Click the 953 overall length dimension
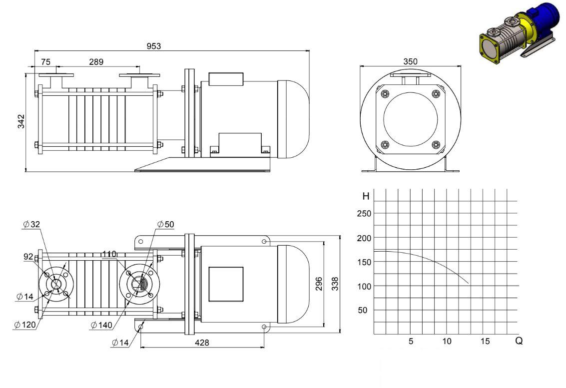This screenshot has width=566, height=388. pyautogui.click(x=154, y=46)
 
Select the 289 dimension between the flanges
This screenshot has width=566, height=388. pyautogui.click(x=96, y=62)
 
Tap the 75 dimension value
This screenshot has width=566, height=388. pyautogui.click(x=45, y=62)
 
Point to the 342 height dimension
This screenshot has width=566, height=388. pyautogui.click(x=21, y=121)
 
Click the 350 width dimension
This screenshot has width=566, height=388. pyautogui.click(x=411, y=61)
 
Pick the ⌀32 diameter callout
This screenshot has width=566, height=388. pyautogui.click(x=31, y=224)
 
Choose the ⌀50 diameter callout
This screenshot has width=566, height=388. pyautogui.click(x=166, y=224)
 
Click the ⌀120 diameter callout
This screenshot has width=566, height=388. pyautogui.click(x=25, y=325)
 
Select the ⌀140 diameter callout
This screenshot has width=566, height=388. pyautogui.click(x=101, y=325)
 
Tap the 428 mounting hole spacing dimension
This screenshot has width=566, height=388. pyautogui.click(x=202, y=343)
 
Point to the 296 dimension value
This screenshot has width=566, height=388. pyautogui.click(x=319, y=284)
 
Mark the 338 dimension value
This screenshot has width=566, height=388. pyautogui.click(x=335, y=284)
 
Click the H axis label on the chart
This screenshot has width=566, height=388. pyautogui.click(x=366, y=196)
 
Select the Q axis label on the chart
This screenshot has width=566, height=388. pyautogui.click(x=519, y=341)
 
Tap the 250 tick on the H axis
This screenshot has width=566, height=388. pyautogui.click(x=364, y=213)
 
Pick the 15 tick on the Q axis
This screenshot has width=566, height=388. pyautogui.click(x=485, y=341)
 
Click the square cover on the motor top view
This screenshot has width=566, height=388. pyautogui.click(x=226, y=284)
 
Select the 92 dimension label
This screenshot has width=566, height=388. pyautogui.click(x=28, y=257)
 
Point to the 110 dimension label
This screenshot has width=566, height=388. pyautogui.click(x=109, y=254)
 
